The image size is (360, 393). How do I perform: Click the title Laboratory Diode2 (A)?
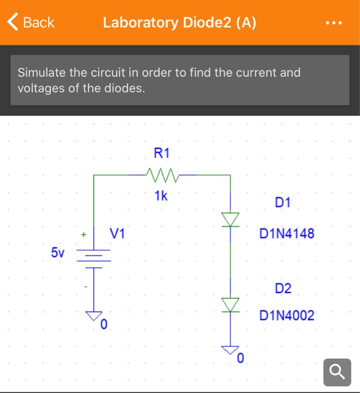coord(179,22)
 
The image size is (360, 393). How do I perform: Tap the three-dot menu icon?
coord(333,24)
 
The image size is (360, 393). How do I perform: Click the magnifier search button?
coord(338,372)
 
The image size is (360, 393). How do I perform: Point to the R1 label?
coord(161,153)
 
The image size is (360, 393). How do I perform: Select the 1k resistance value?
coord(161,196)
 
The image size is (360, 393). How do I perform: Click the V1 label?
coord(118,233)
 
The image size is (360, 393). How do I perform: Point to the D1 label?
coord(283,202)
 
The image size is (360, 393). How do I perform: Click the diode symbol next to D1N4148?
coord(230,219)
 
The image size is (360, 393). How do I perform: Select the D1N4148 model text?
coord(287,233)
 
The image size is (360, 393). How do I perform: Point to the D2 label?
coord(283,289)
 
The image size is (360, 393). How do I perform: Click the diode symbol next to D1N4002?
coord(230,304)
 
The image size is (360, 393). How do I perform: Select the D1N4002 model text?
coord(287,316)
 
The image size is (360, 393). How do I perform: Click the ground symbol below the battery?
coord(94,316)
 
